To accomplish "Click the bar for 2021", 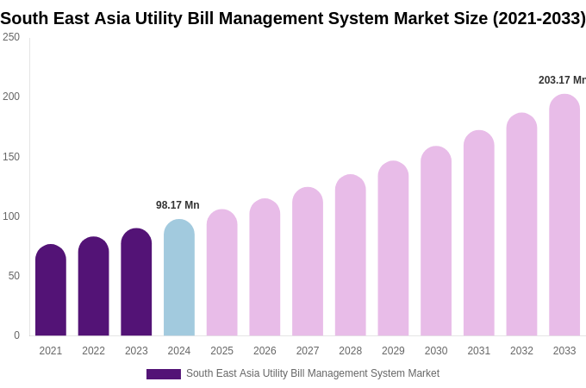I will point(51,291).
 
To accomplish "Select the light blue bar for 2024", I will point(179,278).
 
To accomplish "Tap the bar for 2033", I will point(564,216).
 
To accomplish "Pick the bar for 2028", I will point(351,255).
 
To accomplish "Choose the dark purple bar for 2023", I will point(136,282).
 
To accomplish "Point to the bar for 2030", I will point(436,241).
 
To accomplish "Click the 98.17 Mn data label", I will point(178,205).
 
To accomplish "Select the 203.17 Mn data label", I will point(562,80).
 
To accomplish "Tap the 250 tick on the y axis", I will point(11,37).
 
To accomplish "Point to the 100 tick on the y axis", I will point(11,216).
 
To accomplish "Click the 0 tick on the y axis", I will point(16,335).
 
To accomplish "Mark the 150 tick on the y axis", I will point(11,157).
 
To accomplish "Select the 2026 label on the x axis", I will point(265,351).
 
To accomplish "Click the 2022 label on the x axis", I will point(93,351).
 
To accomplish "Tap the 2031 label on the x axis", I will point(479,351).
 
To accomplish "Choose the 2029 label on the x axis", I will point(393,351).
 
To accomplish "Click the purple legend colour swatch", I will point(164,374).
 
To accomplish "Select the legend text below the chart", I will point(313,373).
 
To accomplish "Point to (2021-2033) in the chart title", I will point(539,18).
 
